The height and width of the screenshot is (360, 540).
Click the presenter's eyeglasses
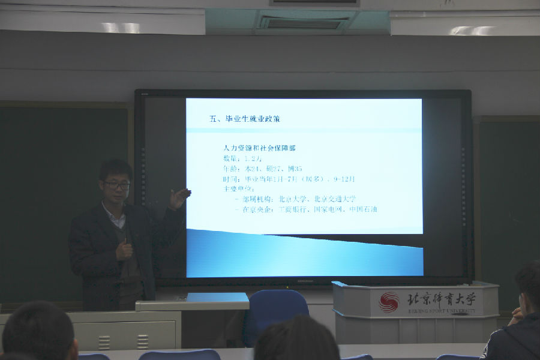pos(116,185)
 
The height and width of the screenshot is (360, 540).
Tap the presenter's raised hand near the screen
pos(179,197)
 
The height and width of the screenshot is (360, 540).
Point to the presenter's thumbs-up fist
pos(124,248)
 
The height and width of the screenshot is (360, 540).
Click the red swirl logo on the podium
pos(389,302)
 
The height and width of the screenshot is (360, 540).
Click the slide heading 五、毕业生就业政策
pos(245,119)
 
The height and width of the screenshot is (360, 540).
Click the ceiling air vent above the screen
pos(303,23)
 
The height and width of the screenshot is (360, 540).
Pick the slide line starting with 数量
pos(240,158)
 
